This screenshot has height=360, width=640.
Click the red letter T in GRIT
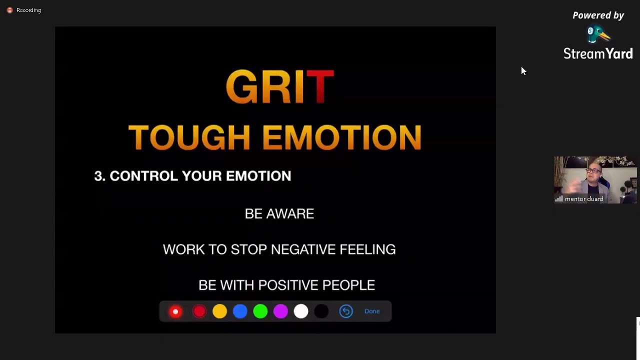pos(320,86)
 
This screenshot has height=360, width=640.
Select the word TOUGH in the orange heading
pos(189,137)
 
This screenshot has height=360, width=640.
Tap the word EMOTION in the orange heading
pos(341,137)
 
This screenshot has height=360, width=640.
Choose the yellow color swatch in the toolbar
pos(219,311)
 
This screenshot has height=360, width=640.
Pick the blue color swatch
pos(240,311)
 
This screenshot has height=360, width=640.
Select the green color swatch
pos(260,311)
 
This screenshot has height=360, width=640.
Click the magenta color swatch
pos(280,311)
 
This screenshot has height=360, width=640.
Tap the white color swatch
pos(301,311)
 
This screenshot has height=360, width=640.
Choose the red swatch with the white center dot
pos(175,311)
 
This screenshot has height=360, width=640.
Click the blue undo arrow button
pos(346,311)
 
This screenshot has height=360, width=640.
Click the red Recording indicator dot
pos(9,10)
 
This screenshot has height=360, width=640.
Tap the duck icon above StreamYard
pos(598,35)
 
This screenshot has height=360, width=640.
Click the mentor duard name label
pos(583,199)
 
